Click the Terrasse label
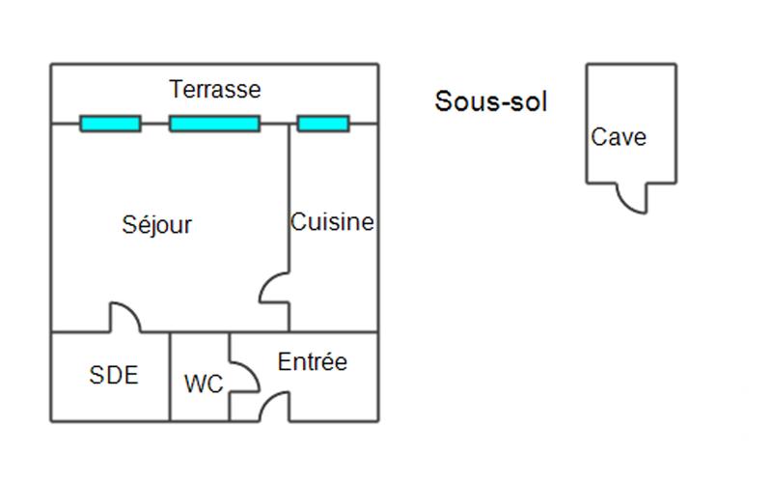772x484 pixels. coord(215,90)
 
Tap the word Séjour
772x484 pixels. coord(157,225)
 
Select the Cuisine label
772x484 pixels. coord(332,222)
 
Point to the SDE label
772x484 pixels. coord(113,376)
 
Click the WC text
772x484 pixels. coord(203,384)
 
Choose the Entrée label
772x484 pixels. coord(312,363)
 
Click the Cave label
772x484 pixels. coord(619,137)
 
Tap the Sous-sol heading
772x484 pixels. coord(490,101)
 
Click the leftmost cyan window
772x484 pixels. coord(110,124)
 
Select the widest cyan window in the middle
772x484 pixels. coord(214,124)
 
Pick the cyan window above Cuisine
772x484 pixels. coord(322,124)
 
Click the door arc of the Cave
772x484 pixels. coord(632,200)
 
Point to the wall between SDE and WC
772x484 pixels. coord(170,377)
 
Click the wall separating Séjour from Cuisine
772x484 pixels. coord(289,193)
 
